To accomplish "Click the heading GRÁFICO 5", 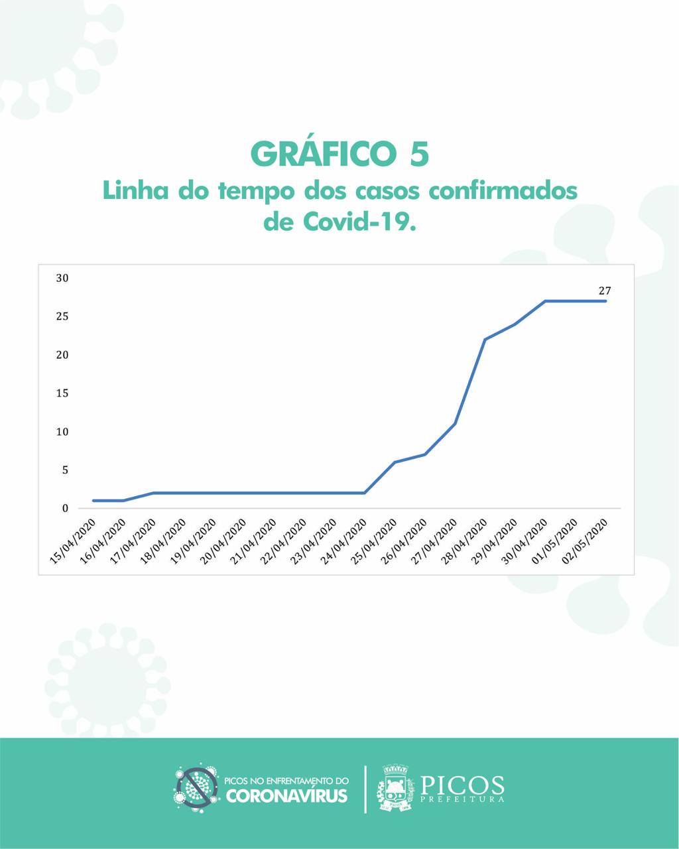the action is pos(339,153).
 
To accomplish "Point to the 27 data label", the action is pos(605,291).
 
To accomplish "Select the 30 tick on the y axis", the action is pos(62,278).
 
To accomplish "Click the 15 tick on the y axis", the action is pos(62,393).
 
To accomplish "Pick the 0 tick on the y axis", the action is pos(65,509).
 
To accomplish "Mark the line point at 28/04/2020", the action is pos(485,340).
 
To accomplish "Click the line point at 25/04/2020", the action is pos(395,462).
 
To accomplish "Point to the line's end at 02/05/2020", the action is pos(605,301).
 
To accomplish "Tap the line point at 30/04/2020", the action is pos(545,301).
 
